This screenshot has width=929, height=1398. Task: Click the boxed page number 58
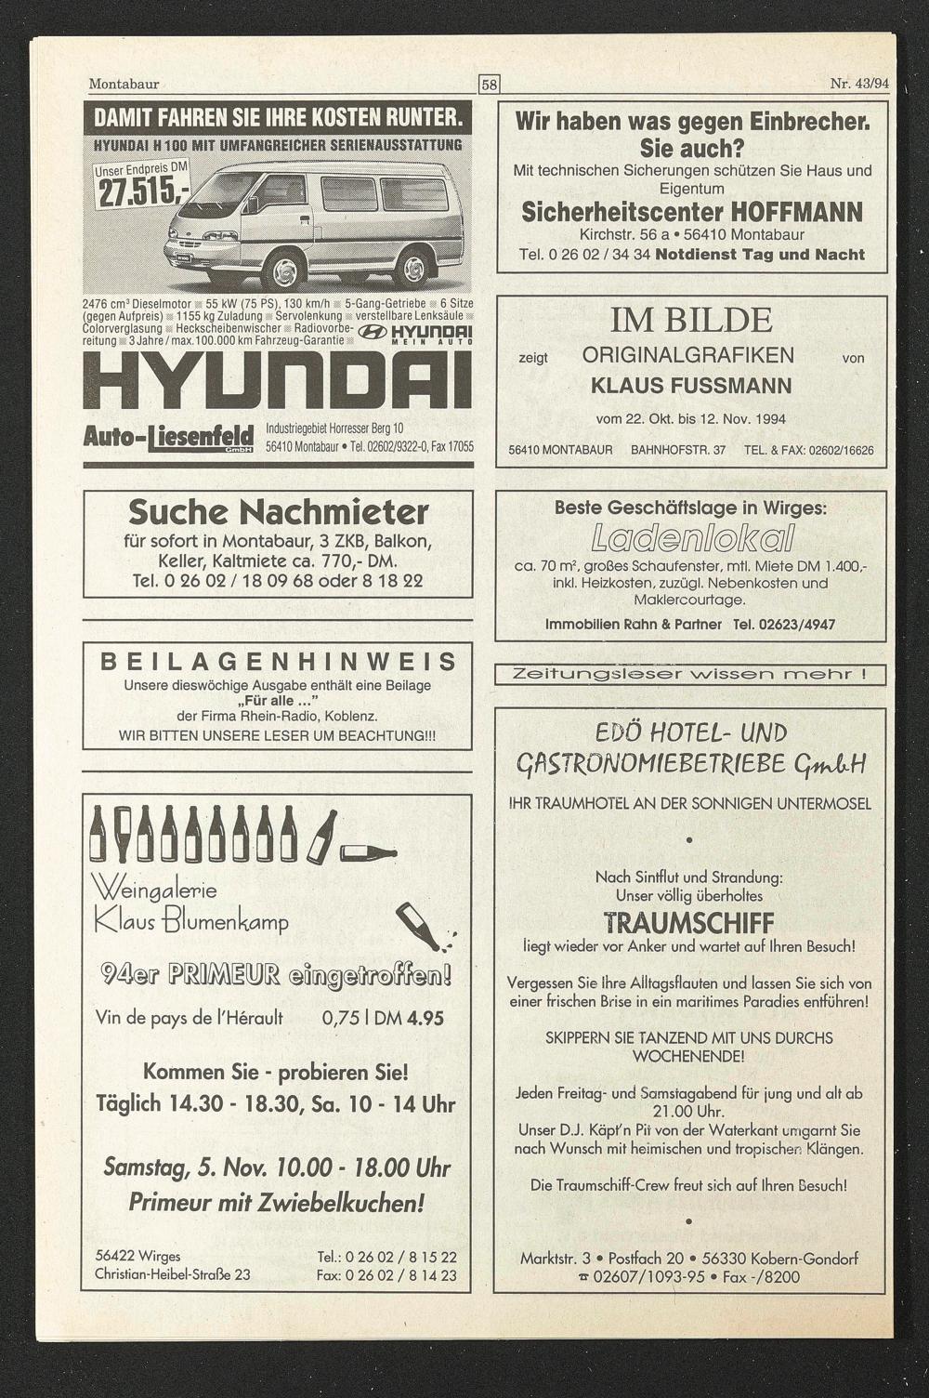pyautogui.click(x=490, y=85)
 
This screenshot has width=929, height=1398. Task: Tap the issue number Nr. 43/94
pyautogui.click(x=859, y=84)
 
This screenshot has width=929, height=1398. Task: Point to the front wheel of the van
pyautogui.click(x=282, y=269)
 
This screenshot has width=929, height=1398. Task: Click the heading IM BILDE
pyautogui.click(x=691, y=320)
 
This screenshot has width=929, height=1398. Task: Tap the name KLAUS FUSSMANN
pyautogui.click(x=691, y=386)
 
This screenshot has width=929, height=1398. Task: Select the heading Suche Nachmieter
pyautogui.click(x=278, y=512)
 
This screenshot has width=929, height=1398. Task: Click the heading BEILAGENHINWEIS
pyautogui.click(x=278, y=662)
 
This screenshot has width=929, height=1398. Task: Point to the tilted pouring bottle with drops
pyautogui.click(x=422, y=927)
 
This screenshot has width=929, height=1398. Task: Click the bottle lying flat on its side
pyautogui.click(x=369, y=851)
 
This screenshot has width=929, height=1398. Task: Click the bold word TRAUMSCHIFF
pyautogui.click(x=688, y=923)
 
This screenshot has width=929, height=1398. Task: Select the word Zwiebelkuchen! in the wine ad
pyautogui.click(x=352, y=1203)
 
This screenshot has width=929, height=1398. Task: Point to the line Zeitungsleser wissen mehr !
pyautogui.click(x=690, y=674)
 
